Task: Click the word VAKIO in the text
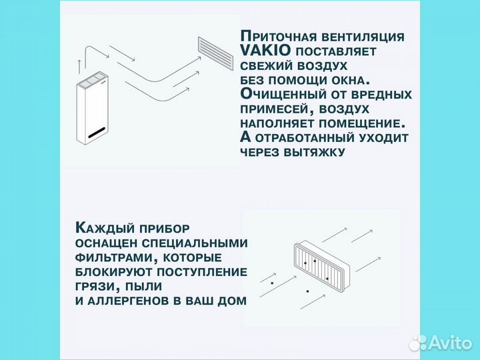264,51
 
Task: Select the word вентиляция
365,37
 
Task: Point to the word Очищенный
283,95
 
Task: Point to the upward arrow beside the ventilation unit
80,66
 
